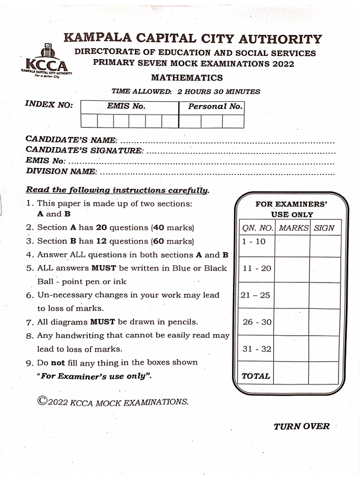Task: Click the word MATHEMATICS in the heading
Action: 187,78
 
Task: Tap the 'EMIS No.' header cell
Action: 126,106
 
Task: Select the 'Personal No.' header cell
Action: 215,106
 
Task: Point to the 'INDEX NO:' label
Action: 49,105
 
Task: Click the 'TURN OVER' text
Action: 301,426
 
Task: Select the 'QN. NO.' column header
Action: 257,228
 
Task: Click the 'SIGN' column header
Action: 324,228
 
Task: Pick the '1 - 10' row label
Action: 254,241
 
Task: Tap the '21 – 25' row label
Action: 255,295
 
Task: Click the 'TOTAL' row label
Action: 255,376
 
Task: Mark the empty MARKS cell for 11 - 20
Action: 292,270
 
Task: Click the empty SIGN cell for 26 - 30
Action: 324,322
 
